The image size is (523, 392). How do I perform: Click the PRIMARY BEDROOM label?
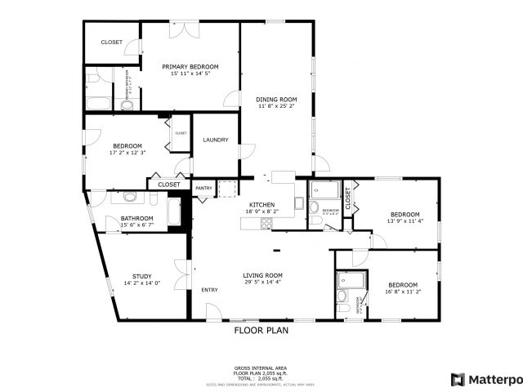pos(190,66)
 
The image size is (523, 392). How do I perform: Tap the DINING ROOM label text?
pos(277,99)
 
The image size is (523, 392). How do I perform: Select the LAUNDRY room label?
pos(215,139)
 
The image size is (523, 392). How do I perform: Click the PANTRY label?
pos(203,189)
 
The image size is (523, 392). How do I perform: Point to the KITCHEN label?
pos(261,204)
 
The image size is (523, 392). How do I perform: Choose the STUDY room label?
pos(142,276)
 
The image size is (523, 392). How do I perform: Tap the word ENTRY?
pos(209,290)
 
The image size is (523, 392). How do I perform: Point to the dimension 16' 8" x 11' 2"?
pos(402,292)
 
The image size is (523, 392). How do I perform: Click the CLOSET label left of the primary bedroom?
pos(112,42)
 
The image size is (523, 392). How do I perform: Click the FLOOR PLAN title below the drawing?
pos(261,331)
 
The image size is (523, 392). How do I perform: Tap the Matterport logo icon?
pos(458,379)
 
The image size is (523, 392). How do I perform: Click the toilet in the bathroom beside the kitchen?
pos(315,220)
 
